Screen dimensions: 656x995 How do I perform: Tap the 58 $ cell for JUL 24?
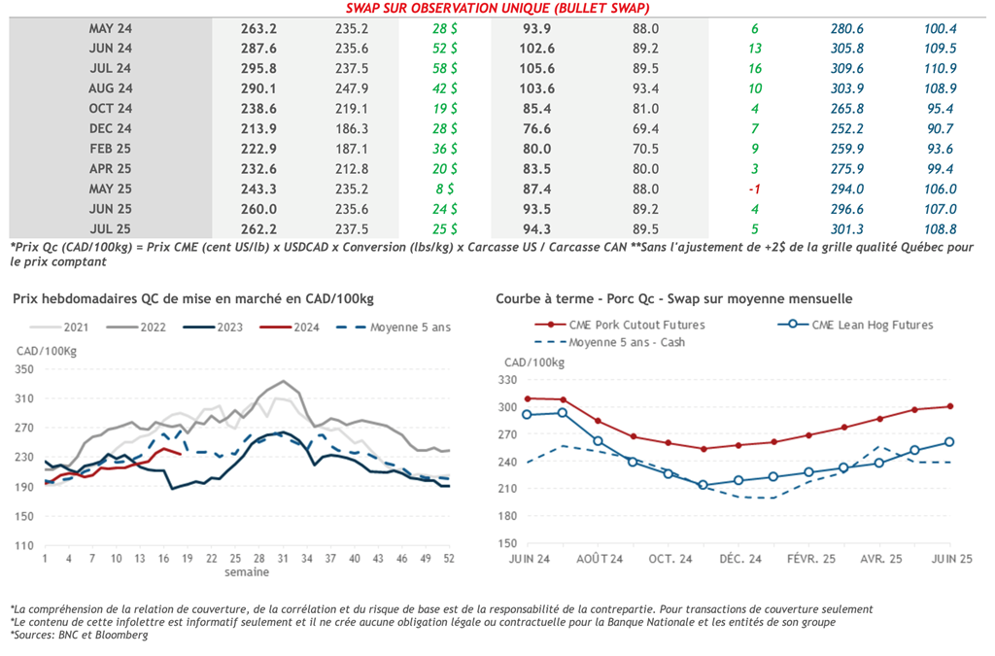point(446,68)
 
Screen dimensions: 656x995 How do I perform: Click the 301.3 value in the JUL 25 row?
point(847,228)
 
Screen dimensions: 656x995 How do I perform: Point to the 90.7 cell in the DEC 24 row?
point(940,128)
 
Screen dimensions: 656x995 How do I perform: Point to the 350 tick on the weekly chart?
point(24,369)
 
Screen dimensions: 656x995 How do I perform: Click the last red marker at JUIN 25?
point(949,406)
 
